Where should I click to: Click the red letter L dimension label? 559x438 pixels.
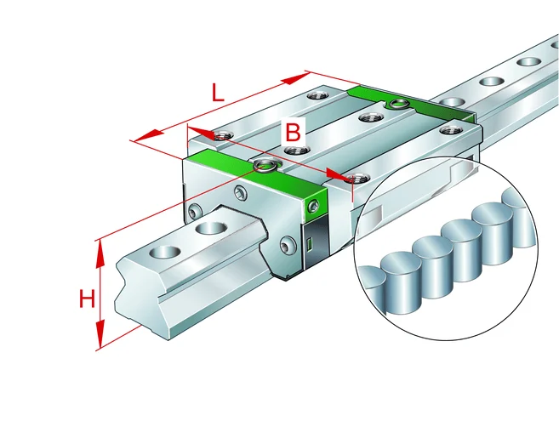click(218, 93)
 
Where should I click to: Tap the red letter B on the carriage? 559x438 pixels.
click(293, 131)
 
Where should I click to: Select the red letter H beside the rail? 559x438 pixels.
click(87, 299)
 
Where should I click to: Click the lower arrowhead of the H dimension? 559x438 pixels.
click(100, 334)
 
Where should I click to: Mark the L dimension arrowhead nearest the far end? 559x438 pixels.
click(295, 79)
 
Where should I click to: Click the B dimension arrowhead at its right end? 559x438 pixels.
click(339, 174)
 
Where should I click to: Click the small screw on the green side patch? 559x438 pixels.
click(313, 206)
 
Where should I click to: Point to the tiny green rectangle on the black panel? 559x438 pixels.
click(310, 244)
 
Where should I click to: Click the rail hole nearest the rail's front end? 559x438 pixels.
click(165, 252)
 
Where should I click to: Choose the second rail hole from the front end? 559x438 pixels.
click(211, 228)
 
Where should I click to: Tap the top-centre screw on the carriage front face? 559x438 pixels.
click(240, 192)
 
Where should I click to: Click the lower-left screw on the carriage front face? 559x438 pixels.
click(194, 213)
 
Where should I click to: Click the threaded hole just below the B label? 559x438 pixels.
click(294, 151)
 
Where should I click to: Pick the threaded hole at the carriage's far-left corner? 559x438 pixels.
click(224, 135)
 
